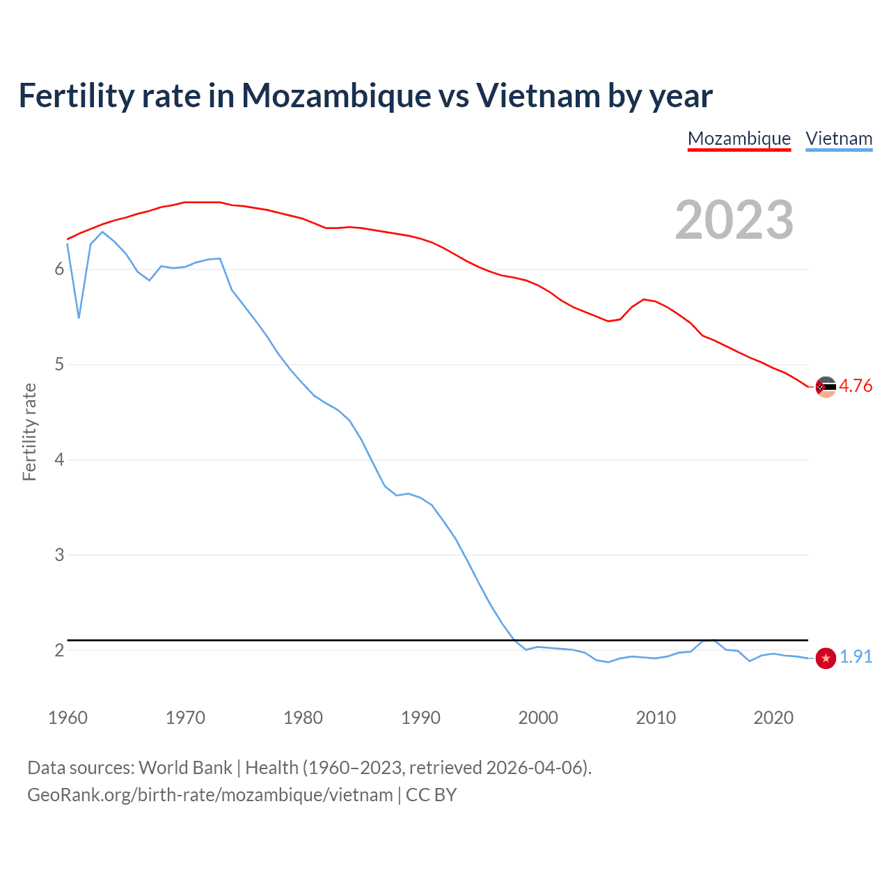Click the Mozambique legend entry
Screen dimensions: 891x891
pos(739,139)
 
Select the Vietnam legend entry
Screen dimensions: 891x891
pos(839,139)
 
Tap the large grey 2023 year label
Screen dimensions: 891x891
pos(734,220)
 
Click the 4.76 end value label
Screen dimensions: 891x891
pos(855,386)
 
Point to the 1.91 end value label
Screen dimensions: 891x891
pos(855,656)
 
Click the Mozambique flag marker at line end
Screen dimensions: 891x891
pos(826,386)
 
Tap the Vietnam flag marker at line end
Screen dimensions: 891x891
pos(826,658)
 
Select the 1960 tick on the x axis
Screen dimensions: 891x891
pos(68,718)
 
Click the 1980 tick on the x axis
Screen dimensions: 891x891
pos(303,718)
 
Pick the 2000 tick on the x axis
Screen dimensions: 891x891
pos(538,718)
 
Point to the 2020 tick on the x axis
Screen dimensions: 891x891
pos(773,718)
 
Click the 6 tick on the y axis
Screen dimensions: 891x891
pos(59,269)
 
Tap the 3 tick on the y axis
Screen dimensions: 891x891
pos(59,555)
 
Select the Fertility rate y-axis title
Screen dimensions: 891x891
pos(29,432)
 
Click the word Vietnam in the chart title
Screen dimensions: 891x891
pos(537,95)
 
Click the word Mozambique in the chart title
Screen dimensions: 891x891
pos(336,95)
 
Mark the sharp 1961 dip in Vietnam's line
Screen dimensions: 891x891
pos(79,317)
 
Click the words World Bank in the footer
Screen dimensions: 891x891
pos(185,768)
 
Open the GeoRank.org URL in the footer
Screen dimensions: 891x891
pos(210,795)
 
